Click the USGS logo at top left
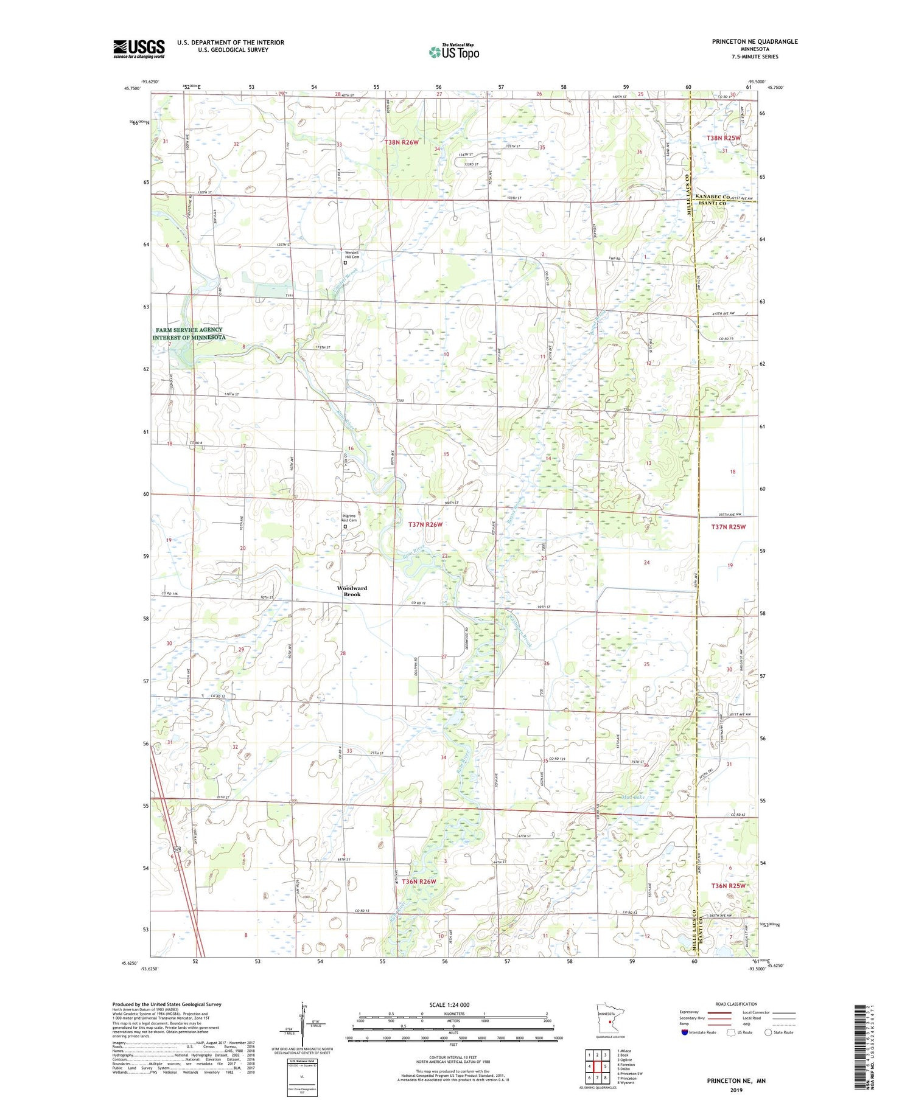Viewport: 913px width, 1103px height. click(139, 49)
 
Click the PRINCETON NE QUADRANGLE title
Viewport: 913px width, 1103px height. click(755, 41)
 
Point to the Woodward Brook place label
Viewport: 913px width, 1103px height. click(352, 591)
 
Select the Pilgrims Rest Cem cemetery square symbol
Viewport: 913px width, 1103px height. click(345, 527)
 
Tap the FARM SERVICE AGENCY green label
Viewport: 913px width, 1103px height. click(189, 333)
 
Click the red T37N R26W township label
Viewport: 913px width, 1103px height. click(425, 524)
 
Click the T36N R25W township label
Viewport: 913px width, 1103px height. click(727, 885)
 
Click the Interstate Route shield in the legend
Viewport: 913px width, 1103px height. click(685, 1032)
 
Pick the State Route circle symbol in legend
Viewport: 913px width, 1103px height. click(768, 1032)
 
